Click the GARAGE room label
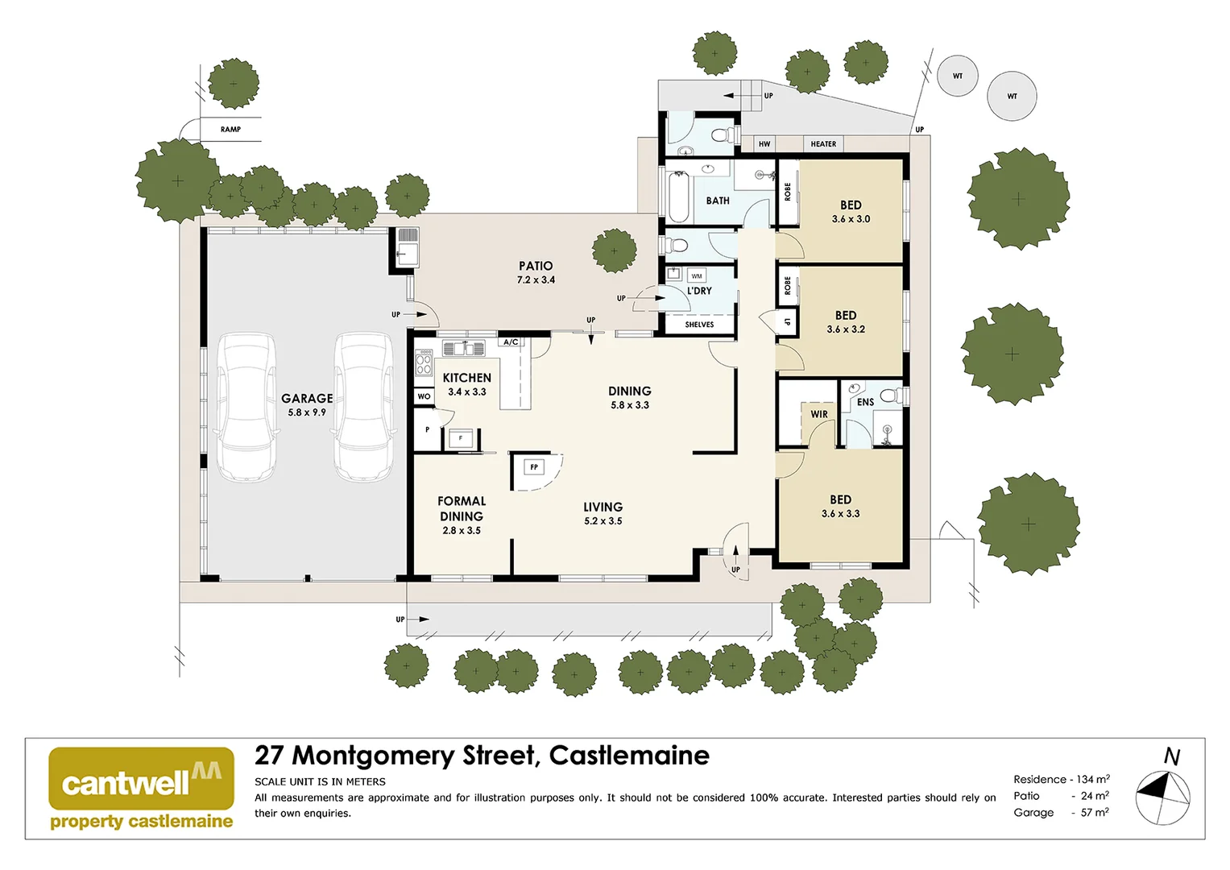[x=307, y=399]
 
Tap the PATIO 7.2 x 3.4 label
[x=536, y=272]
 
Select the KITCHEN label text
[x=466, y=378]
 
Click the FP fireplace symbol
[x=534, y=467]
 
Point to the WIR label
[x=819, y=414]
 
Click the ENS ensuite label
[x=865, y=402]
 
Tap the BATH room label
[x=718, y=201]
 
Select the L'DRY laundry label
[x=699, y=291]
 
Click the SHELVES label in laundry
[x=699, y=325]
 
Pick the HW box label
[x=764, y=144]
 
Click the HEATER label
[x=823, y=144]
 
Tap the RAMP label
[x=230, y=129]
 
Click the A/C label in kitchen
[x=511, y=342]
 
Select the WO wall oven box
[x=424, y=396]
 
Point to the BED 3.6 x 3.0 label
[x=851, y=211]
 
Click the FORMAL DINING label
[x=462, y=509]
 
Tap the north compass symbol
[x=1162, y=797]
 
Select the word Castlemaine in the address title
[x=629, y=756]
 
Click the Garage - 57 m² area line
[x=1061, y=812]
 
